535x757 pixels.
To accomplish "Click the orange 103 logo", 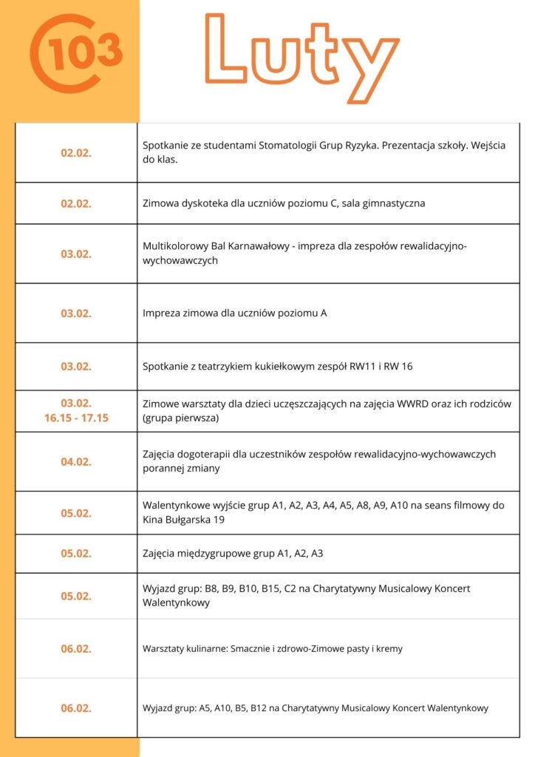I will tap(75, 52).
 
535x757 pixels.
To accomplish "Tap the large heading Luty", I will tap(301, 50).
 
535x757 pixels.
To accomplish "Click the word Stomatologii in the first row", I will tap(288, 145).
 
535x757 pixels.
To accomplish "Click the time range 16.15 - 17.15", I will tap(76, 418).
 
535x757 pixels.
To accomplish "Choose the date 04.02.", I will tap(76, 462).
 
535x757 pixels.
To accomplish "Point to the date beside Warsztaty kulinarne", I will tap(76, 649).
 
